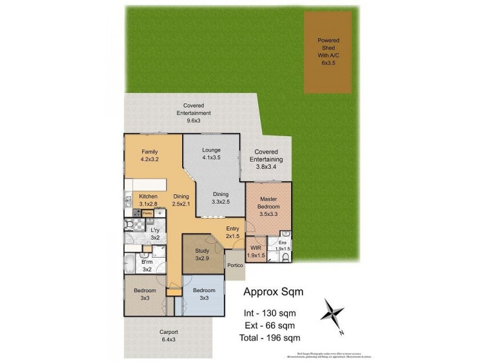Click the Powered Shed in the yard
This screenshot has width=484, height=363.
[x=329, y=51]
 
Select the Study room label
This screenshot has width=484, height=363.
[x=201, y=255]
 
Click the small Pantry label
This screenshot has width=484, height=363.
[x=147, y=213]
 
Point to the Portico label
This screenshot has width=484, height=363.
[x=235, y=266]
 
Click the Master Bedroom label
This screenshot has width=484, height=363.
[x=269, y=206]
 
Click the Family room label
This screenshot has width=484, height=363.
[x=149, y=155]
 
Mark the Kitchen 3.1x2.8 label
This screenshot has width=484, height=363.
[x=148, y=201]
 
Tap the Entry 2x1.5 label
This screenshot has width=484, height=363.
[x=233, y=232]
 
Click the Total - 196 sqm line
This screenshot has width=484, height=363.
[x=269, y=338]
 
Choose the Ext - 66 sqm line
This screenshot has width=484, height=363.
[x=269, y=325]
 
